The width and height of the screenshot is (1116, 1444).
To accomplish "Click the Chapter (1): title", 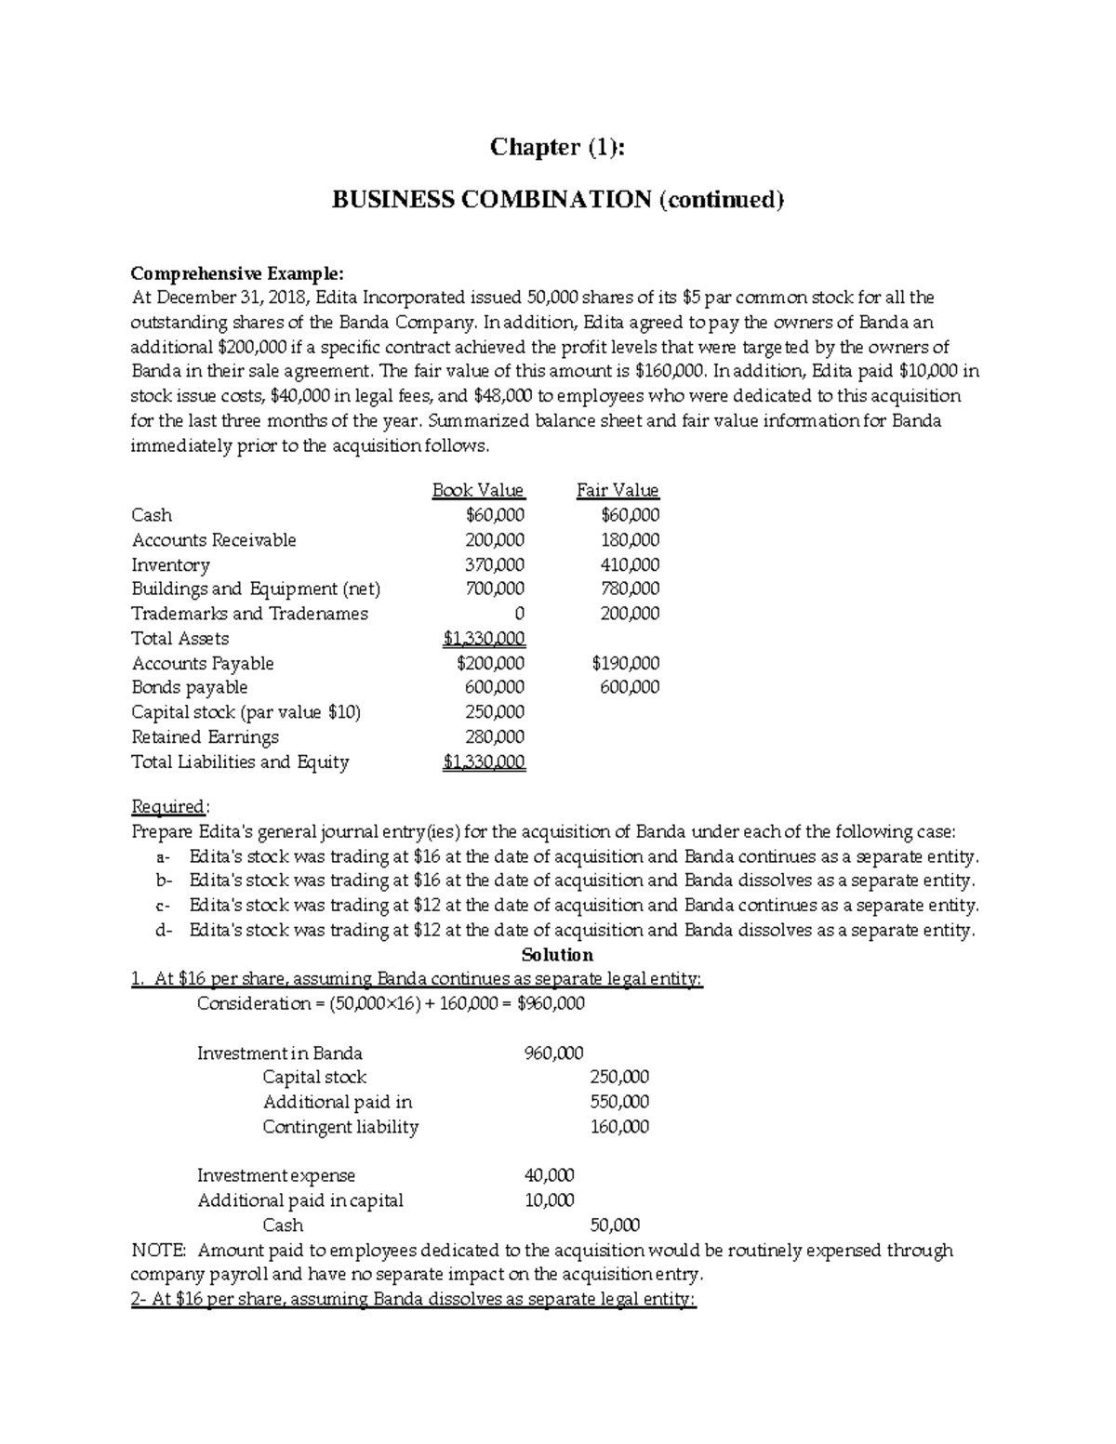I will point(557,147).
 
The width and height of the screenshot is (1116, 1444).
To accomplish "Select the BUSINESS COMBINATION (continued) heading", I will point(558,199).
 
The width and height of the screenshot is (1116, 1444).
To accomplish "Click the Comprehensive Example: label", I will point(237,273).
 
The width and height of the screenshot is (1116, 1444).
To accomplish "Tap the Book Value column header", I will point(478,490).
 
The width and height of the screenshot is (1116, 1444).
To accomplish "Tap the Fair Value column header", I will point(618,490).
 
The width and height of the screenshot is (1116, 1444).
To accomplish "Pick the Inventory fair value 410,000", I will point(631,564).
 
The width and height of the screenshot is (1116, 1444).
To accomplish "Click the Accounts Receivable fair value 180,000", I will point(631,540).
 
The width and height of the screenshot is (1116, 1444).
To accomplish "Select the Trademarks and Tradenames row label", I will point(250,614).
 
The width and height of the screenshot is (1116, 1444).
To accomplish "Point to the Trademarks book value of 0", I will point(519,614).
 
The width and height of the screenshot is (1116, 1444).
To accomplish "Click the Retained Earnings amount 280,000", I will point(495,737).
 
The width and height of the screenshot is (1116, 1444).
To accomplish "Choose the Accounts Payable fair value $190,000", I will point(626,664).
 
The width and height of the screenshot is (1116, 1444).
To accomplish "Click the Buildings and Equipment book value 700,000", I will point(495,589).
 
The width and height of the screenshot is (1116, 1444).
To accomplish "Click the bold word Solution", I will point(557,955).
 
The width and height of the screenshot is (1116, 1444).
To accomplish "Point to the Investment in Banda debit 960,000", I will point(554,1053).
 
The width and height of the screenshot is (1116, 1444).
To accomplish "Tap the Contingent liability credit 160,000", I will point(620,1127).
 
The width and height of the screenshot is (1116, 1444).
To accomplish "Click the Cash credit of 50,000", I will point(616,1225).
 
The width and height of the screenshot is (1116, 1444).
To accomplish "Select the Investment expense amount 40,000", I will point(550,1176).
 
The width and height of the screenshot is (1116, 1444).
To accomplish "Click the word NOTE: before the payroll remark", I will point(159,1251).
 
